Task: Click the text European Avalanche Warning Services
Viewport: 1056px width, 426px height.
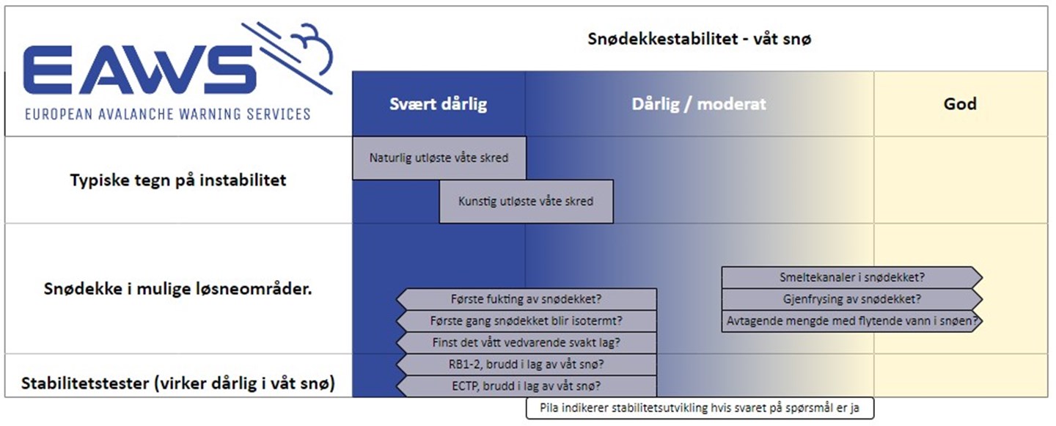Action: pyautogui.click(x=167, y=114)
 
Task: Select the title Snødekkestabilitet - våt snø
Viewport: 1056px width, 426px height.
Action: pyautogui.click(x=699, y=40)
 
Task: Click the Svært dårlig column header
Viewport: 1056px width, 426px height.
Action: pyautogui.click(x=438, y=103)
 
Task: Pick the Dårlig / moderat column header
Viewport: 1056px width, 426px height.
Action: pyautogui.click(x=699, y=103)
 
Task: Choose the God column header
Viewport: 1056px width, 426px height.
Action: pyautogui.click(x=960, y=103)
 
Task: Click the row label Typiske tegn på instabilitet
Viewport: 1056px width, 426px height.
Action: pyautogui.click(x=178, y=180)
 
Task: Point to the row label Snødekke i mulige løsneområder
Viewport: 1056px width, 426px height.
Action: pyautogui.click(x=178, y=289)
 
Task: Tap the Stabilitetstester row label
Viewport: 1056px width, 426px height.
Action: pyautogui.click(x=178, y=383)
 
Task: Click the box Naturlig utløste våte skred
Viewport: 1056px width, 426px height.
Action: pyautogui.click(x=439, y=158)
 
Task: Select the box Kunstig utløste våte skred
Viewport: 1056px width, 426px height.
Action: pyautogui.click(x=526, y=201)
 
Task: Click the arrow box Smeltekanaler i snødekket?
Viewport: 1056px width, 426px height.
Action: pyautogui.click(x=851, y=277)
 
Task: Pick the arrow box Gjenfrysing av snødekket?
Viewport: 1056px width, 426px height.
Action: pyautogui.click(x=851, y=299)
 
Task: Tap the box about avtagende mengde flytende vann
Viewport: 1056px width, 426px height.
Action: pyautogui.click(x=851, y=320)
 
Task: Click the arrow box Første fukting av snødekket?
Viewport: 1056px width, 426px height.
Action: pyautogui.click(x=527, y=299)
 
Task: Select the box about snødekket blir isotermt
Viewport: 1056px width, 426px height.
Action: pyautogui.click(x=527, y=320)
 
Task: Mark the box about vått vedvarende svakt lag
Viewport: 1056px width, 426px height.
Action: pyautogui.click(x=527, y=342)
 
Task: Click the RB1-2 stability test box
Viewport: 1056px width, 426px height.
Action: pyautogui.click(x=527, y=364)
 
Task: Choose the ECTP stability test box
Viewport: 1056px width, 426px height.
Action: pyautogui.click(x=527, y=386)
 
